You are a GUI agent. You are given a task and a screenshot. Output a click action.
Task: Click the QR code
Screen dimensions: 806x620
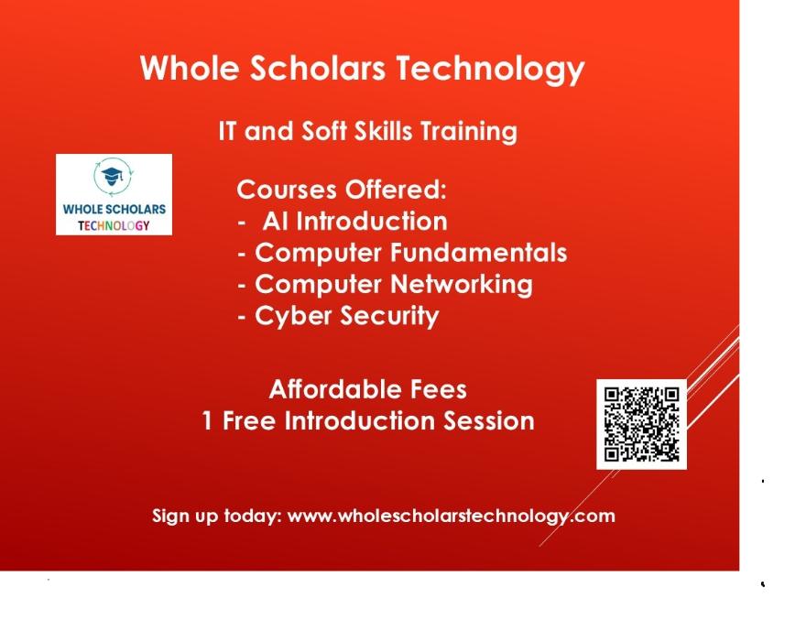pos(641,425)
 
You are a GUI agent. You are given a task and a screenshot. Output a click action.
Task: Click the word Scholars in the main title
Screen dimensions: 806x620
pos(318,68)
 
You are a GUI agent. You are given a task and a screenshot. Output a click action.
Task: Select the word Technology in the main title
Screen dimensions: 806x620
pos(490,70)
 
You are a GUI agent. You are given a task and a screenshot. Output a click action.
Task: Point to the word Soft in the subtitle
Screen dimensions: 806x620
pos(324,131)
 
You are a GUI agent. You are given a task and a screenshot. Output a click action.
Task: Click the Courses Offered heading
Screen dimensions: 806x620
pos(342,190)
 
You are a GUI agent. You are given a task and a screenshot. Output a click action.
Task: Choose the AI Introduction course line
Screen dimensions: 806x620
pos(343,222)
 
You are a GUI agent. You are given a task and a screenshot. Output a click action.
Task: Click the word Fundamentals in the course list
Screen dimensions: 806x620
pos(478,253)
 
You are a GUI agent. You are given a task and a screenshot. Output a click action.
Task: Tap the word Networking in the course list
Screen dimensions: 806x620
pos(461,285)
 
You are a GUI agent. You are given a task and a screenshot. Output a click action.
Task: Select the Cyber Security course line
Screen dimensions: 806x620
pos(338,316)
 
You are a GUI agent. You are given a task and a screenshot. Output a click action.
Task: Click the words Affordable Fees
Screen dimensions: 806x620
pos(367,389)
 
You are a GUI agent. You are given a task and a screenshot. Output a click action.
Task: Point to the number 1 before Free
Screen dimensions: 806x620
pos(207,420)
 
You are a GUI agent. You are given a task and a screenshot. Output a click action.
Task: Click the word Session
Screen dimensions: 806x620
pos(489,420)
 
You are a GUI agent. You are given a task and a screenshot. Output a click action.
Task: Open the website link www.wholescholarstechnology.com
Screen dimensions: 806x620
pos(451,516)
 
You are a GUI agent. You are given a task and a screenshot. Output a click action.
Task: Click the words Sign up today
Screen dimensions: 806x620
pos(217,516)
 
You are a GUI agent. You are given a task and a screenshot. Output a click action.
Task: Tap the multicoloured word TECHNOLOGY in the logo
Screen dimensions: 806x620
pos(114,225)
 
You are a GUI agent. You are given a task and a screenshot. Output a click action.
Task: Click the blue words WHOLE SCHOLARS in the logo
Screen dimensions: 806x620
pos(114,209)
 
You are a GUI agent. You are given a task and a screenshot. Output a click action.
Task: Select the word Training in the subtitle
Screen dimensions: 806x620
pos(468,132)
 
